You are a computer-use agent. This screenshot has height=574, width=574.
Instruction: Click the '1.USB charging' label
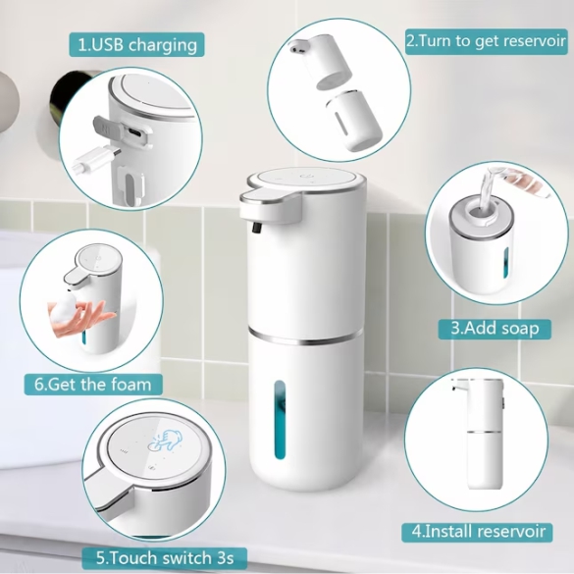click(137, 45)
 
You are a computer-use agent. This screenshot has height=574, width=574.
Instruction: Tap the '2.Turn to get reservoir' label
click(486, 41)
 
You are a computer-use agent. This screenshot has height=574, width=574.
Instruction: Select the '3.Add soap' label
click(495, 329)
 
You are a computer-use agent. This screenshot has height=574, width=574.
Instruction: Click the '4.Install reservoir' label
click(477, 532)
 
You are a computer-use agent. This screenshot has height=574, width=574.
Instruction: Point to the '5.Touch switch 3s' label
click(165, 558)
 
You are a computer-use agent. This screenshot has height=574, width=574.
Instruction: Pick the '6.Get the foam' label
click(93, 385)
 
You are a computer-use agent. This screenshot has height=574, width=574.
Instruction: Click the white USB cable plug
click(96, 159)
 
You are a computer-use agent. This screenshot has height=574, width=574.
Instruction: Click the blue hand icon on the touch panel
click(166, 441)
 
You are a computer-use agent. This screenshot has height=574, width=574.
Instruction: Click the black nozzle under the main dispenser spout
click(256, 228)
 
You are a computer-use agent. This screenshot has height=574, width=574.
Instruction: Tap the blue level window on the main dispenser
click(280, 420)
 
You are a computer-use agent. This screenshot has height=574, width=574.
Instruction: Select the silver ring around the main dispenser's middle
click(305, 338)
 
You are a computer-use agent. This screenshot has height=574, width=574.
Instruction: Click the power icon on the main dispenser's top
click(305, 176)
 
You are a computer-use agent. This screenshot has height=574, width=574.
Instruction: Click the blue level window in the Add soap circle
click(506, 262)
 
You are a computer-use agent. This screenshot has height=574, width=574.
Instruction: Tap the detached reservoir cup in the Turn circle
click(353, 120)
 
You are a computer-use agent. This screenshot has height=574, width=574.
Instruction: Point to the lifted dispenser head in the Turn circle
click(319, 61)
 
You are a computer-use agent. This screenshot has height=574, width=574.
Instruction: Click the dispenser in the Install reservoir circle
click(480, 434)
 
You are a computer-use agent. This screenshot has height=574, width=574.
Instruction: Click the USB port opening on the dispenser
click(133, 132)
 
